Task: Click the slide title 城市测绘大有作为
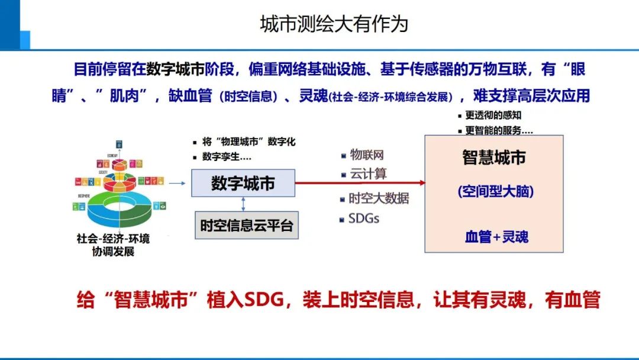tap(334, 24)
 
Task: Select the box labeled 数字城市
tap(243, 183)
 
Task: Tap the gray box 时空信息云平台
tap(246, 226)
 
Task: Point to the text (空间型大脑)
tap(495, 192)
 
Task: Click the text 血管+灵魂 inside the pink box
tap(496, 237)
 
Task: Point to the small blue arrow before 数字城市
tap(177, 183)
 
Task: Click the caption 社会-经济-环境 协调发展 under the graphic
tap(114, 245)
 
